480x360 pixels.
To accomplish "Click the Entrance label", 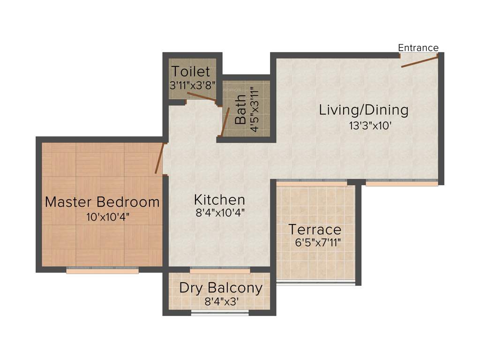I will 418,48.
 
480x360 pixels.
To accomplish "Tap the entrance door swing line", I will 420,60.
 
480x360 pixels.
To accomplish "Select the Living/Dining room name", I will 364,110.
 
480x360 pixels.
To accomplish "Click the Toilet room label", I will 190,72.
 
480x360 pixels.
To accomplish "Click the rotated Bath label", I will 240,110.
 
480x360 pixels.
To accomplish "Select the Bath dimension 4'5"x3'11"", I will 255,109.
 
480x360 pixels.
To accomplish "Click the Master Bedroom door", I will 160,158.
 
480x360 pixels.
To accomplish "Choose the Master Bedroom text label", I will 102,202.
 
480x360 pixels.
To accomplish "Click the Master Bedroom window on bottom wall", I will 102,270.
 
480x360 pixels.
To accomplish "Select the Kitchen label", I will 219,200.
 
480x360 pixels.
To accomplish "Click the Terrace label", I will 315,230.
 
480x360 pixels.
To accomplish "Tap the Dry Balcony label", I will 221,287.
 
